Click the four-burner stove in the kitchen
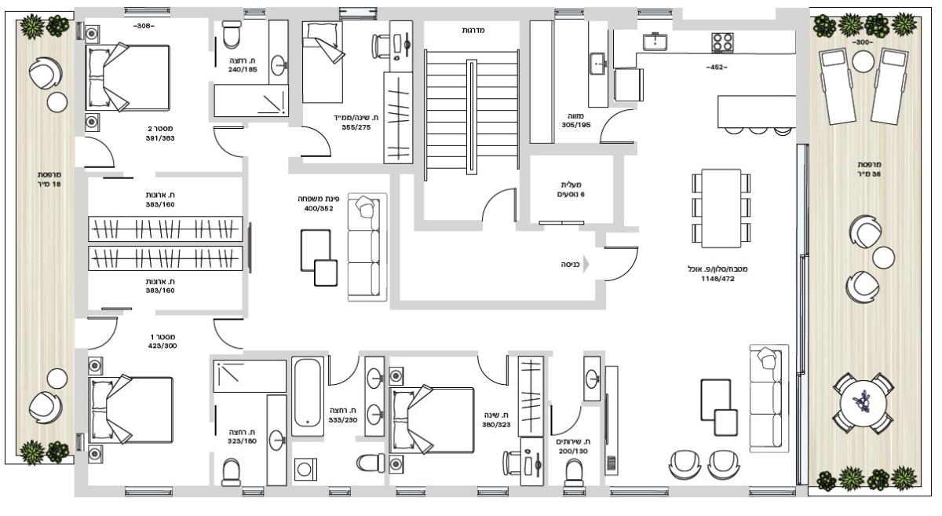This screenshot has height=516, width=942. (x=722, y=42)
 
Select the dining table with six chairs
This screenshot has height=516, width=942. (x=721, y=208)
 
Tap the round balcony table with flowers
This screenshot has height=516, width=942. (x=863, y=404)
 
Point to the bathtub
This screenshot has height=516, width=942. (x=308, y=396)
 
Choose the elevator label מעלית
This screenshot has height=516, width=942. (x=571, y=185)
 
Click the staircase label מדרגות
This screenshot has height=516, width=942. (x=473, y=31)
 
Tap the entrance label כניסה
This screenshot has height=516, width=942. (x=570, y=265)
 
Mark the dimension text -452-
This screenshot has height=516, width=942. (x=717, y=68)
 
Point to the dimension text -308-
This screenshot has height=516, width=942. (x=144, y=26)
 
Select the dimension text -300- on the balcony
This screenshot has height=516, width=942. (x=863, y=43)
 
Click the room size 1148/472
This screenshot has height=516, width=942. (x=717, y=279)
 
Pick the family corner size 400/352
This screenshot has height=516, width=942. (x=319, y=208)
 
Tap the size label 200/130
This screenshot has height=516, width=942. (x=573, y=451)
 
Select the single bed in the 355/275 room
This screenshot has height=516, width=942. (x=323, y=62)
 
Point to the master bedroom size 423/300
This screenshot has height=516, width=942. (x=162, y=346)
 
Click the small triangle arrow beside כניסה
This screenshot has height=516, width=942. (x=586, y=265)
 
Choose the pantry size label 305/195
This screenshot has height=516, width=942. (x=576, y=125)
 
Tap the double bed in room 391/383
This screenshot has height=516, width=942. (x=128, y=78)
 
